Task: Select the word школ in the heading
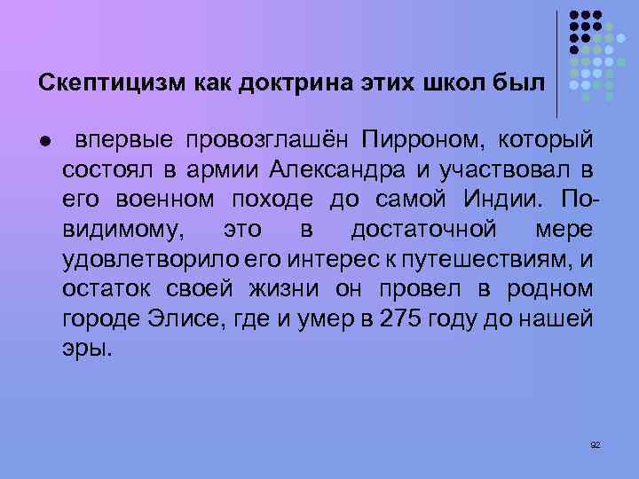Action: pyautogui.click(x=450, y=83)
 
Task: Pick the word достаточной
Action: pyautogui.click(x=422, y=230)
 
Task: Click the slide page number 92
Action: pyautogui.click(x=595, y=444)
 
